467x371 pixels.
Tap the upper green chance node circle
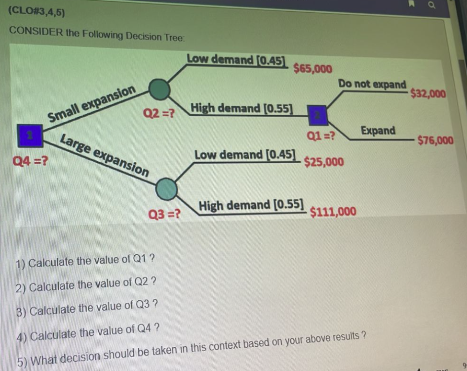159,90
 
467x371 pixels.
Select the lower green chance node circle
166,188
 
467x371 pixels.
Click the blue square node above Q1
316,113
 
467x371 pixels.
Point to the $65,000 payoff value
312,69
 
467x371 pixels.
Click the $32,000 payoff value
428,93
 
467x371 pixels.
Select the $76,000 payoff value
435,140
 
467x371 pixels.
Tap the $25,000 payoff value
324,162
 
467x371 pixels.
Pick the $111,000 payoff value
333,212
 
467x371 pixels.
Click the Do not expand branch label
372,84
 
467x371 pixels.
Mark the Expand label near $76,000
378,131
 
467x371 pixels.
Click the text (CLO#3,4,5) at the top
37,12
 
